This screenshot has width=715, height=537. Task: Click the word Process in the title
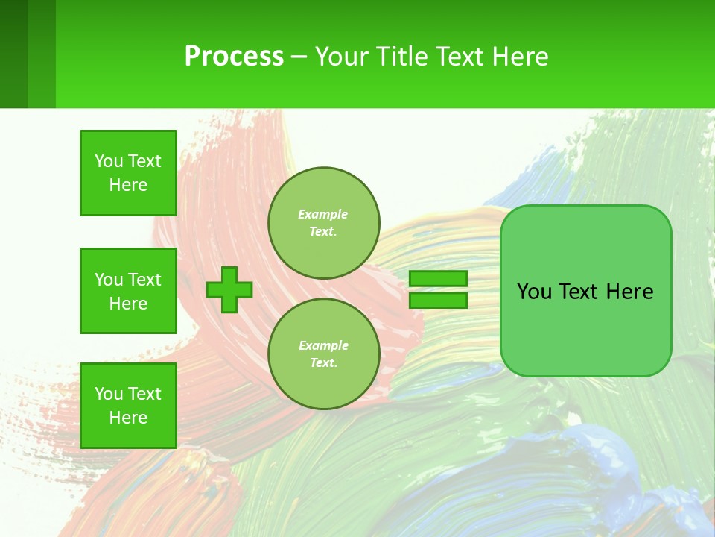[234, 56]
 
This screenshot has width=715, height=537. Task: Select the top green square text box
[128, 173]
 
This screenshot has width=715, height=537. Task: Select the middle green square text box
[128, 291]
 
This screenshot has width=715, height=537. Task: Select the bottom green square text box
[128, 406]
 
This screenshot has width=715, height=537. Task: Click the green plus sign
[229, 289]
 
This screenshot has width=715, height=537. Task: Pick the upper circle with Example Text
[323, 222]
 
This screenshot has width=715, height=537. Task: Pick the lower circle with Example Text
[323, 354]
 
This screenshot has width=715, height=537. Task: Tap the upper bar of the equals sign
[438, 278]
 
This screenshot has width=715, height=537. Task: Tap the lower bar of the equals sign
[438, 301]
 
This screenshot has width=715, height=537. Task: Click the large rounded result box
[585, 328]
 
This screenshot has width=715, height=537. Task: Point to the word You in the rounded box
[533, 292]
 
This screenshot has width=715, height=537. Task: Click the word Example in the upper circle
[322, 214]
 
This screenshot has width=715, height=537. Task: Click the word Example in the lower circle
[322, 345]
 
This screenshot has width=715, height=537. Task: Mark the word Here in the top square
[128, 185]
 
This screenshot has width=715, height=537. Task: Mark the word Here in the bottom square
[128, 418]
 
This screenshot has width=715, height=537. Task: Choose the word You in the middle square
[108, 280]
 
